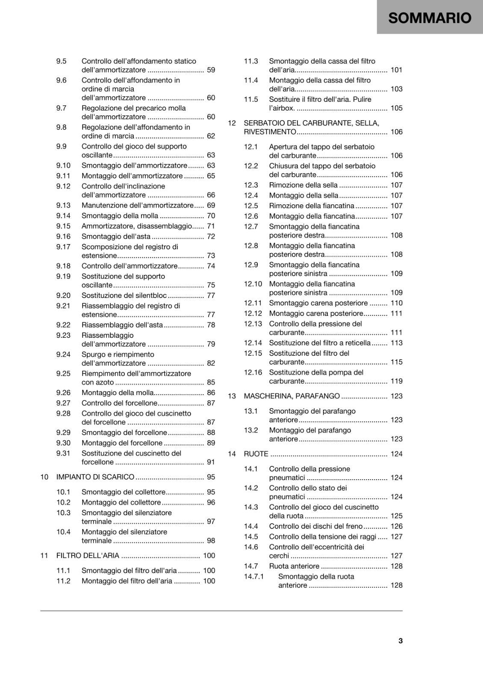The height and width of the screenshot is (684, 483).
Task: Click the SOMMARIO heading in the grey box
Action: pos(430,18)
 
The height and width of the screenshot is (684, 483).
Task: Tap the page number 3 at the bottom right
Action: pos(401,640)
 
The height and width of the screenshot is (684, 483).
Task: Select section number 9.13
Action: pos(63,206)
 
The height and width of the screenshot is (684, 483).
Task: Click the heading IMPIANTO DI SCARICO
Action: pos(95,477)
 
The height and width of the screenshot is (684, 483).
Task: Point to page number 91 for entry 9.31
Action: pos(211,462)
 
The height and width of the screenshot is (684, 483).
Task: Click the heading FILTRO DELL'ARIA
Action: pos(88,556)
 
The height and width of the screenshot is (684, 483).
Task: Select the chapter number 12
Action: pos(232,123)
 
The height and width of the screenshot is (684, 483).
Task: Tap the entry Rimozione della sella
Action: pos(303,185)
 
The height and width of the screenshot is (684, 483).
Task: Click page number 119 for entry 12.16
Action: pos(396,381)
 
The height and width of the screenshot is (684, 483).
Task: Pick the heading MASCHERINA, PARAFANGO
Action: pos(292,396)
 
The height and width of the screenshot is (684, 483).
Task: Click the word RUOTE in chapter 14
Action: pos(256,454)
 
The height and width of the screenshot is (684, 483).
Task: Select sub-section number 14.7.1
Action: pos(254,577)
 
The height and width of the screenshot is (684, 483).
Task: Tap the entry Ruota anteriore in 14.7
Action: pos(294,566)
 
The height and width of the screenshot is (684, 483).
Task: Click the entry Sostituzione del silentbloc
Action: pos(124,295)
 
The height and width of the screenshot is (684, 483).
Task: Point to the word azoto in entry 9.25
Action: pos(105,383)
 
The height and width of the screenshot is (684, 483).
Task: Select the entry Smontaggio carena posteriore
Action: pos(318,303)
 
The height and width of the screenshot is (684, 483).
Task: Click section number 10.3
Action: pos(63,513)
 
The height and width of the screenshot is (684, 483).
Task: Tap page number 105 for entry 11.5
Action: pos(396,108)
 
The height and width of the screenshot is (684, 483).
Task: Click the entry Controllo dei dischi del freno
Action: pos(315,527)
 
